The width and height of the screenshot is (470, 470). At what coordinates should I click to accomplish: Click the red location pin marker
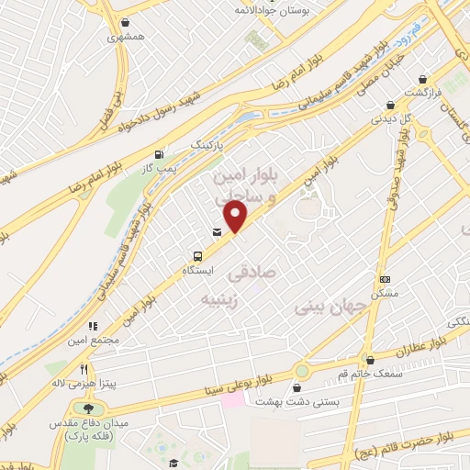point(236,216)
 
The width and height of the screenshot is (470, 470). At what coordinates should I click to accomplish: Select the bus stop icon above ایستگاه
point(197,256)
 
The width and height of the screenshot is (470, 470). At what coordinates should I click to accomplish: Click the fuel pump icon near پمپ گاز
point(162,154)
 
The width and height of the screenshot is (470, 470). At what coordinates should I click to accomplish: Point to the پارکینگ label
point(206,145)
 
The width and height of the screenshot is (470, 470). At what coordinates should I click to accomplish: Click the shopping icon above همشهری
point(125,23)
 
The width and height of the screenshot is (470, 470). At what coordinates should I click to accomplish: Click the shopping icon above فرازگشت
point(423,79)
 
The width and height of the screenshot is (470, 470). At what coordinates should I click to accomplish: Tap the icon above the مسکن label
point(385,279)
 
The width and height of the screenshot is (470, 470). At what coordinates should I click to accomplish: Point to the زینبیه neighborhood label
point(225,298)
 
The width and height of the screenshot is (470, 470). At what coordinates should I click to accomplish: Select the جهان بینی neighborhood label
point(318,309)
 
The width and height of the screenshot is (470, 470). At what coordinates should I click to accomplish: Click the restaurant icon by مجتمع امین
point(93,325)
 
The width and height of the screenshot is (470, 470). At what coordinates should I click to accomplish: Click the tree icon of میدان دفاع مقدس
point(88,408)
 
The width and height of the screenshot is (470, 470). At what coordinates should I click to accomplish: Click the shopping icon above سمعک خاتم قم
point(370,360)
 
